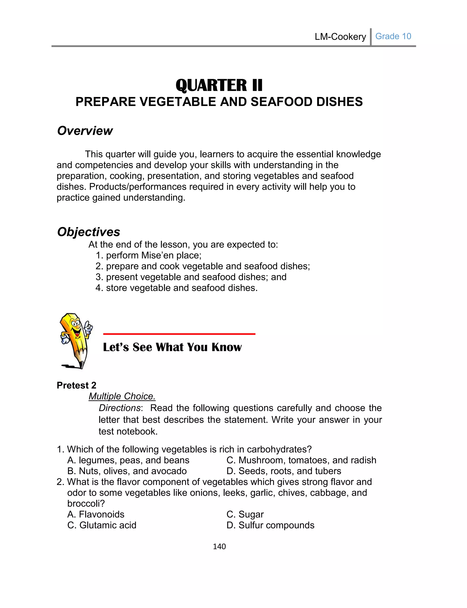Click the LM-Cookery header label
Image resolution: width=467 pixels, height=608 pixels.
[340, 37]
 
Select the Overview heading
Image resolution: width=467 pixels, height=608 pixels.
[85, 131]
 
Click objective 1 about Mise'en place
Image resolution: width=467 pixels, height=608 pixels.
[148, 255]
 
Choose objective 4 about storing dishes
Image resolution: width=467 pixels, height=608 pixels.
[176, 288]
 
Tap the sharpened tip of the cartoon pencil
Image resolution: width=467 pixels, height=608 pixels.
[81, 366]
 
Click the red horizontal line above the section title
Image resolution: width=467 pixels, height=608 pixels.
[179, 334]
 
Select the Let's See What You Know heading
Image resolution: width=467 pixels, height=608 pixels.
[172, 347]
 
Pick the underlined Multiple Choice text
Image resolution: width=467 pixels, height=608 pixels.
[122, 396]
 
